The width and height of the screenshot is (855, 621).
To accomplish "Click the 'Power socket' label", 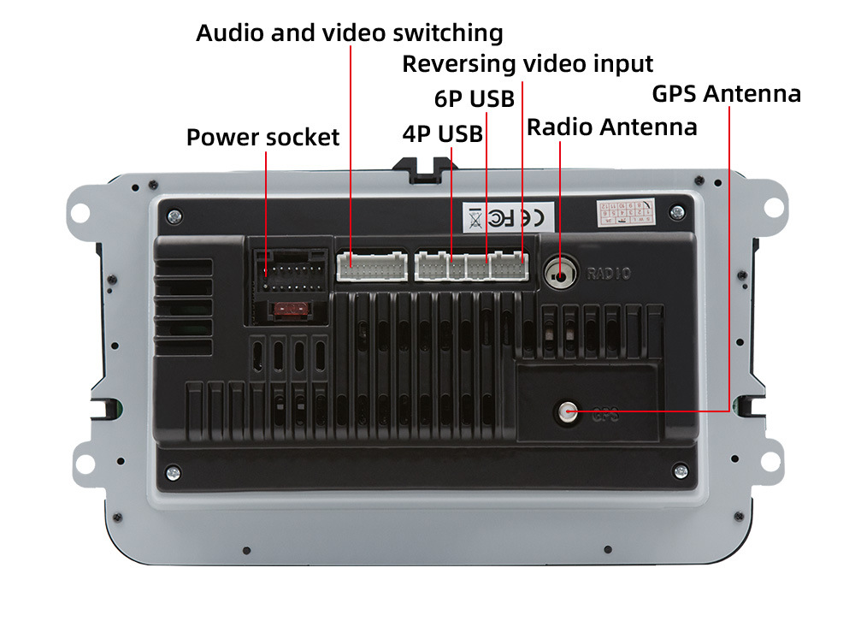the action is [x=262, y=138].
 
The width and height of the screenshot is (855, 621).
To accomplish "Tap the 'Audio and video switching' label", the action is [x=349, y=33].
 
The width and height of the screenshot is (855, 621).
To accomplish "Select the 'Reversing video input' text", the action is [x=528, y=64].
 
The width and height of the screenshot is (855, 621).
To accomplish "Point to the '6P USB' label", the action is [x=475, y=99].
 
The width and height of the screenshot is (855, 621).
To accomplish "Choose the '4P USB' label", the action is [x=442, y=134].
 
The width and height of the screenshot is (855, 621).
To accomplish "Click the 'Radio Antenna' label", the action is [x=611, y=127].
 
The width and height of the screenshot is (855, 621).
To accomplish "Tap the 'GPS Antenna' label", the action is [x=726, y=93].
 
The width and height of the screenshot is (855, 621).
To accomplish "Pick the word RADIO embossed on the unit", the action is [x=609, y=275].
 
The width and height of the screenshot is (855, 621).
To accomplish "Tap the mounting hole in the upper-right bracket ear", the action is [x=772, y=207].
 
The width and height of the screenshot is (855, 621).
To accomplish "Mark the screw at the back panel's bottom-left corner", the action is [x=174, y=470].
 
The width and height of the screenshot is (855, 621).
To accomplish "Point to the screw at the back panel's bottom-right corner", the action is [x=681, y=470].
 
